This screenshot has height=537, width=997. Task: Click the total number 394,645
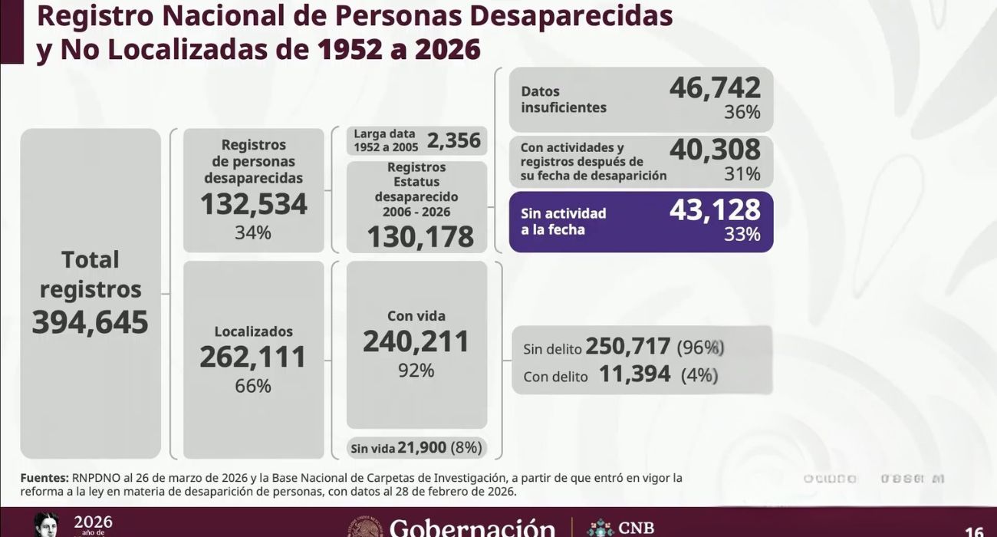click(x=90, y=323)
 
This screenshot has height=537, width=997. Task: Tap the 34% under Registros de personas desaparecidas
click(x=253, y=232)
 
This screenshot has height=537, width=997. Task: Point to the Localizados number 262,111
click(x=253, y=357)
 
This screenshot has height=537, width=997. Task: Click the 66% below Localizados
click(x=253, y=386)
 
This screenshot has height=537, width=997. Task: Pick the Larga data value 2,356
click(x=454, y=140)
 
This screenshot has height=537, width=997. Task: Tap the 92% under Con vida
click(x=416, y=371)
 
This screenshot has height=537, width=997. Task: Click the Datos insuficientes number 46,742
click(x=715, y=88)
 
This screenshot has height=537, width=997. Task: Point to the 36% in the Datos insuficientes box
click(x=742, y=113)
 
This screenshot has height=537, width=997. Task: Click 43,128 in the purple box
click(x=715, y=209)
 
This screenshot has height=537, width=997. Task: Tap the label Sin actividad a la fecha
click(x=564, y=221)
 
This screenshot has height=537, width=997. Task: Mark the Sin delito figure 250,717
click(x=628, y=347)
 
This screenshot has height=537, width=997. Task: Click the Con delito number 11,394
click(x=634, y=374)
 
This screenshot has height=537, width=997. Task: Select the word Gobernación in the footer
click(x=472, y=528)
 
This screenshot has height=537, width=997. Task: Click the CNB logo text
click(x=636, y=528)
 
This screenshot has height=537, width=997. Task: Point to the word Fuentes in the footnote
click(x=44, y=478)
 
